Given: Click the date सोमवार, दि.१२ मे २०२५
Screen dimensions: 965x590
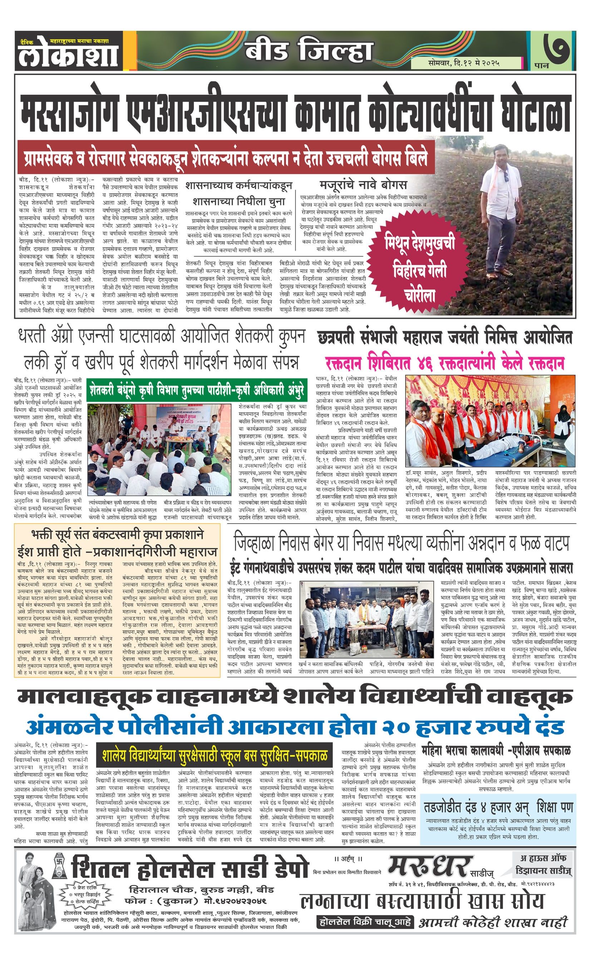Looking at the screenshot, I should [464, 63].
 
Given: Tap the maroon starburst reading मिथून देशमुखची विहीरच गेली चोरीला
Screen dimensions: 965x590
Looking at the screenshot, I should [421, 270].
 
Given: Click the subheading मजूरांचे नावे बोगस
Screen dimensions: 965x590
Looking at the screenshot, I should [363, 184].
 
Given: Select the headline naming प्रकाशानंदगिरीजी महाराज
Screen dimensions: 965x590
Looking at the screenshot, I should [118, 552].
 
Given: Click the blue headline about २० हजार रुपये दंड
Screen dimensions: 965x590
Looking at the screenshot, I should [295, 727].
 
